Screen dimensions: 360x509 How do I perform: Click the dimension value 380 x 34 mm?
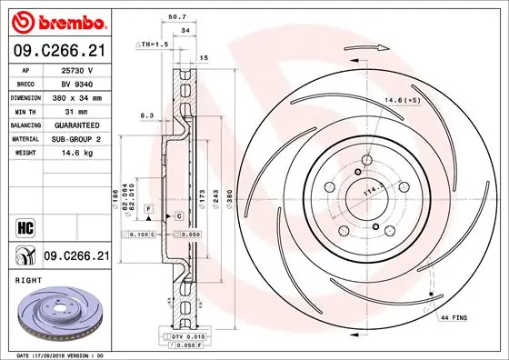(x=78, y=95)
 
